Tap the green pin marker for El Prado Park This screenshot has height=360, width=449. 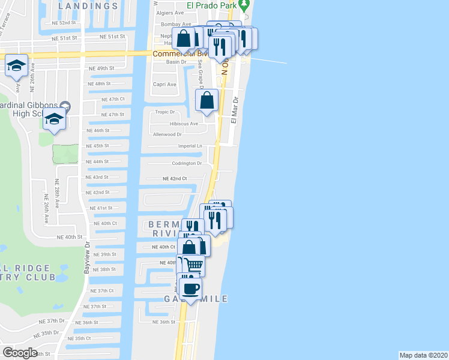click(x=244, y=5)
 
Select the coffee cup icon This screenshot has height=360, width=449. click(x=191, y=288)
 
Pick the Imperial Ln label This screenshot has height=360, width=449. click(x=190, y=146)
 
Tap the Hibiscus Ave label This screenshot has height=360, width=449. click(x=183, y=124)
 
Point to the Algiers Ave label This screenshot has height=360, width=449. click(x=170, y=13)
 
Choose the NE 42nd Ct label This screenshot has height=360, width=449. click(x=175, y=179)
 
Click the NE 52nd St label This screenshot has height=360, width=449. click(x=64, y=22)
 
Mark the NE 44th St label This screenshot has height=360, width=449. click(x=97, y=161)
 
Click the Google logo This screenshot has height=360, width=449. click(x=20, y=353)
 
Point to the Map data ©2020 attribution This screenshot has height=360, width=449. click(x=423, y=355)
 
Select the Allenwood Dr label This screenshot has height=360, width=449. click(x=167, y=135)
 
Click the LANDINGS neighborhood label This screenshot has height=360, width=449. click(x=89, y=6)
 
